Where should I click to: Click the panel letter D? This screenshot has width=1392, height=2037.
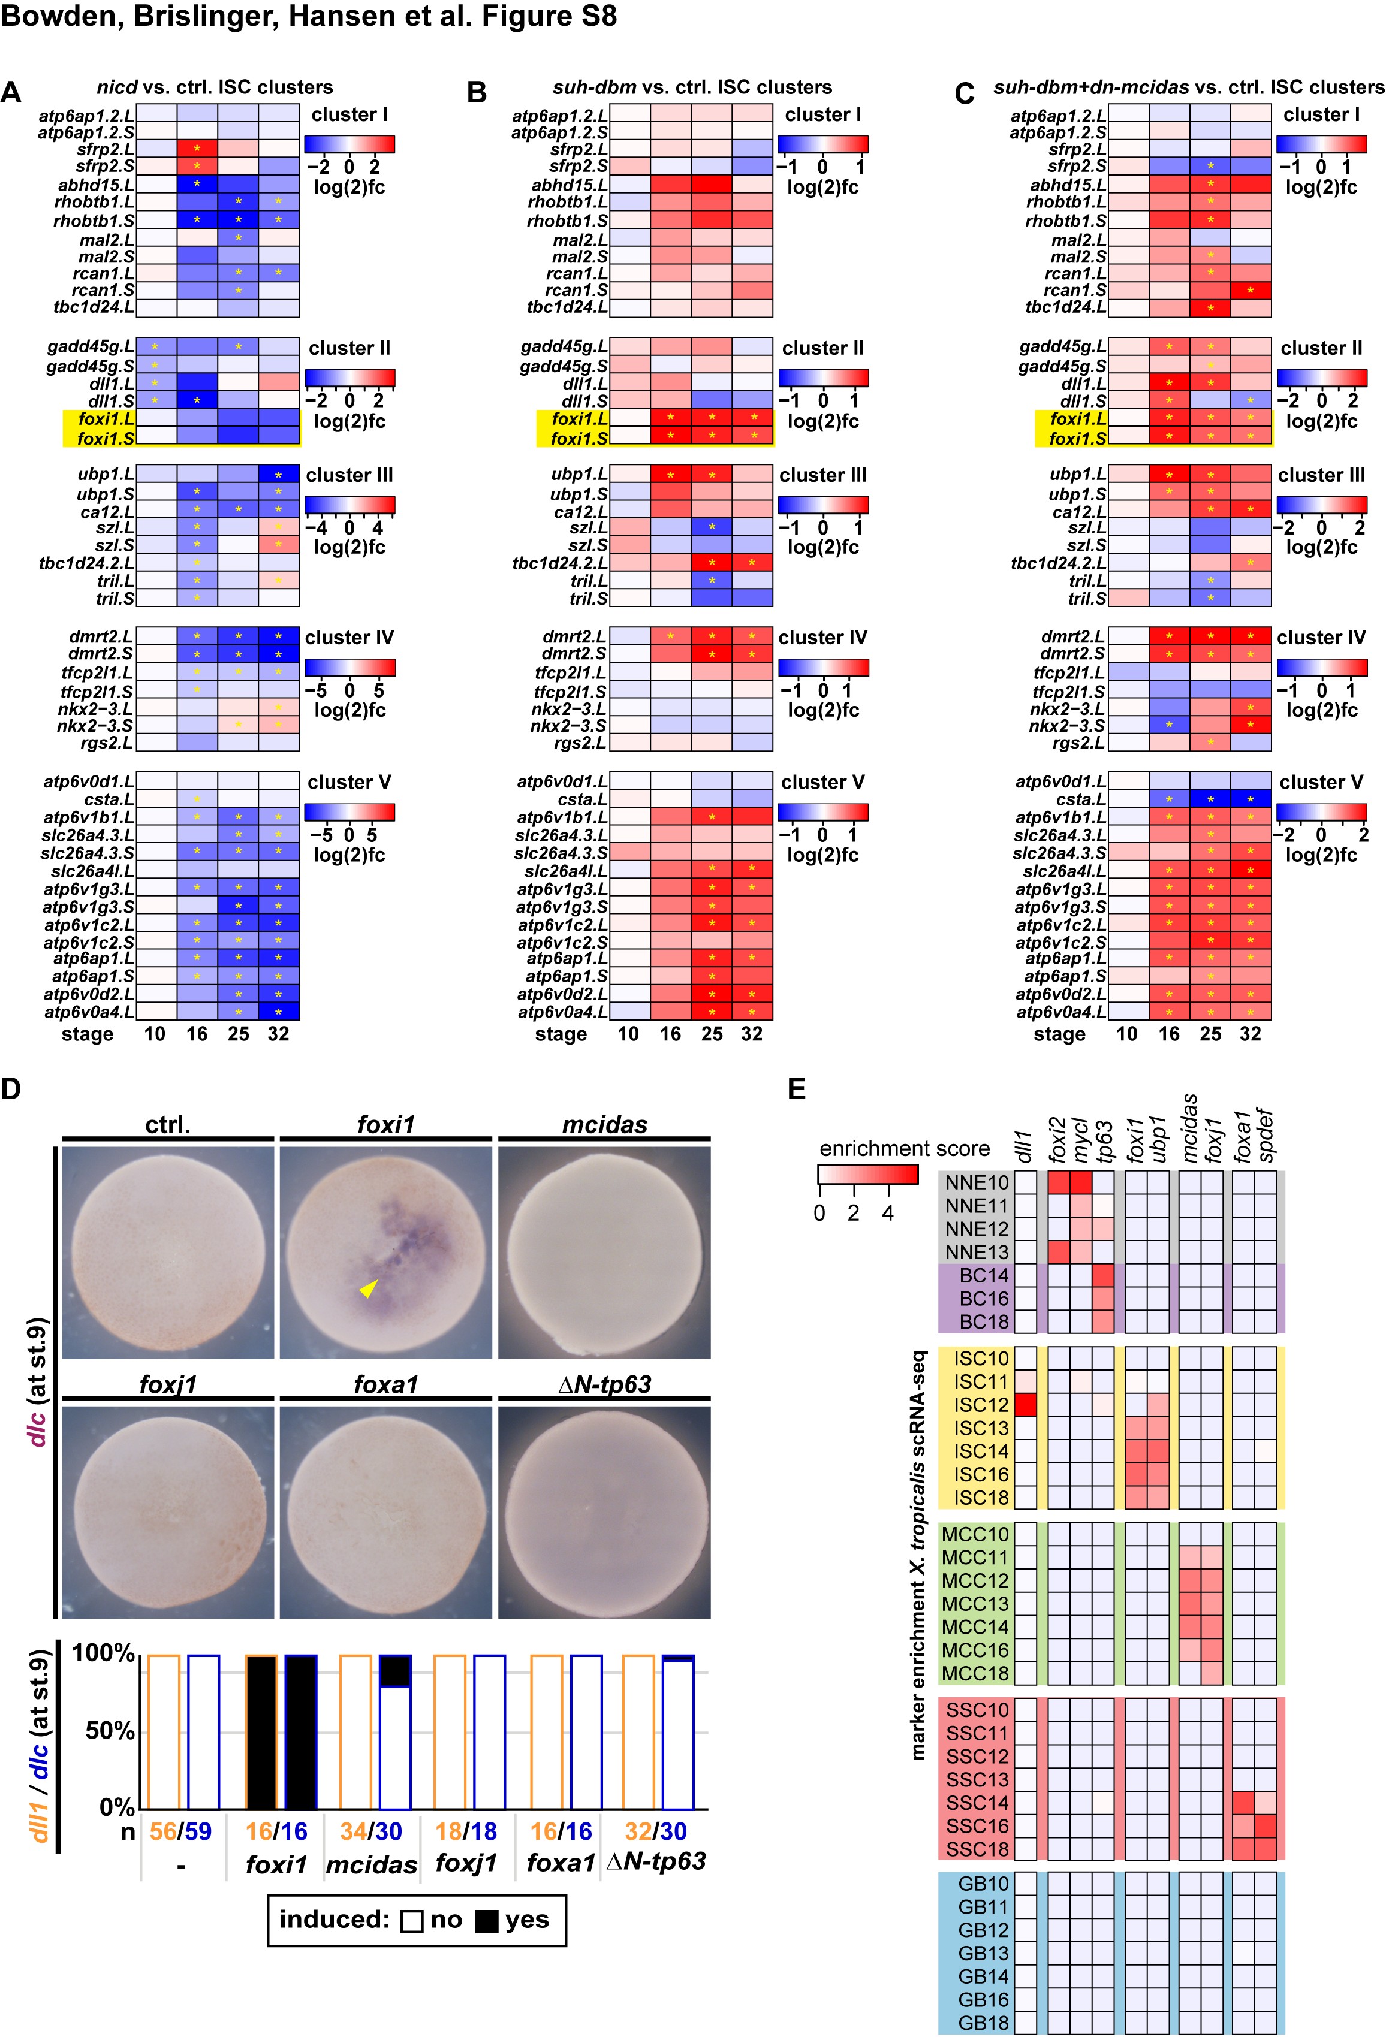pos(11,1090)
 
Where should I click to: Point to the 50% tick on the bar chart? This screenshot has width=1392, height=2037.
pos(110,1731)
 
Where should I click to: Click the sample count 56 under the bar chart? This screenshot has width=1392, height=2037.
pos(162,1831)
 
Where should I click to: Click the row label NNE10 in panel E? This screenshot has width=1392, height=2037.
pos(977,1182)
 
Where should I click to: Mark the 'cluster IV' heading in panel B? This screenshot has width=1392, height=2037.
pos(822,637)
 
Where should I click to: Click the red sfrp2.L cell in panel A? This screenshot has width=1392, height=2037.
pos(197,149)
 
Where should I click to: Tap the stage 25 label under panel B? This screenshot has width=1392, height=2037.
pos(712,1034)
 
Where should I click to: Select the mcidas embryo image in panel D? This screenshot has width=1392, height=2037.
pos(604,1253)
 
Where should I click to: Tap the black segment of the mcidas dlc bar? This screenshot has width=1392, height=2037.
pos(394,1671)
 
